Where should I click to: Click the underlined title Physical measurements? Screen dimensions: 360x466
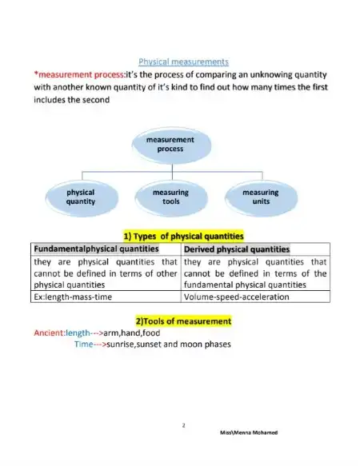pos(183,61)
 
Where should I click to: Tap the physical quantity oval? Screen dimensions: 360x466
pos(81,197)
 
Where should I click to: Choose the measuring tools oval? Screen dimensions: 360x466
pos(170,197)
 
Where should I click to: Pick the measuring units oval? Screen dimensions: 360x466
pos(260,197)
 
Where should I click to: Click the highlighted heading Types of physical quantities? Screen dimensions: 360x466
pos(183,236)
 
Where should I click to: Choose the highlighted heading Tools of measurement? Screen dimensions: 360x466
pos(183,321)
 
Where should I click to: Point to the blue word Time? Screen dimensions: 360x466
pos(83,345)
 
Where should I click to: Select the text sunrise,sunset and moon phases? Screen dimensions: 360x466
pos(174,345)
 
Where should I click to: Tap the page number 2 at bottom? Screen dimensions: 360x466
pos(183,426)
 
